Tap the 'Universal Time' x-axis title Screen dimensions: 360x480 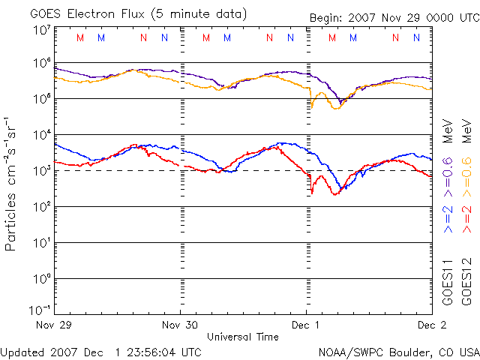[243, 337]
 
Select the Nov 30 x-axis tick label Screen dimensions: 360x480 [181, 325]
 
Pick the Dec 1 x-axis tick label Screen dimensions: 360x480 [306, 325]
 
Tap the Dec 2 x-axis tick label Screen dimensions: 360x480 [430, 325]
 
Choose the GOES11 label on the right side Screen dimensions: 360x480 [448, 280]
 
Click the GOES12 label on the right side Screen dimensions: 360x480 [466, 280]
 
